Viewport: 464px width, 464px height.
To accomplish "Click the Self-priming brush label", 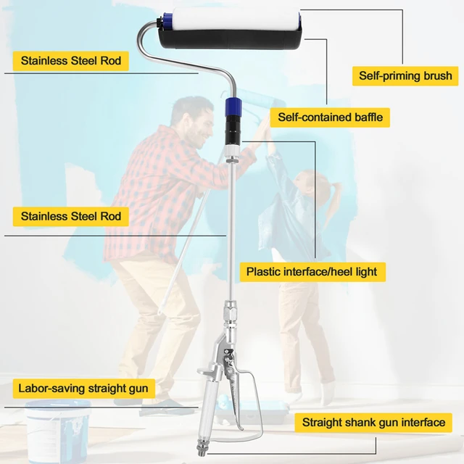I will pos(405,75).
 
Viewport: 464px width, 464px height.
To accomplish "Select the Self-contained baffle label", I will pos(330,117).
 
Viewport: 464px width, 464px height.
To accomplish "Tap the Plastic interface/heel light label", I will pos(312,272).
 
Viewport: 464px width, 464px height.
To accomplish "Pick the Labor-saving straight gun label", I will pos(83,389).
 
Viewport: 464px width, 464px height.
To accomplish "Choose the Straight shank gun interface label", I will pos(373,423).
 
